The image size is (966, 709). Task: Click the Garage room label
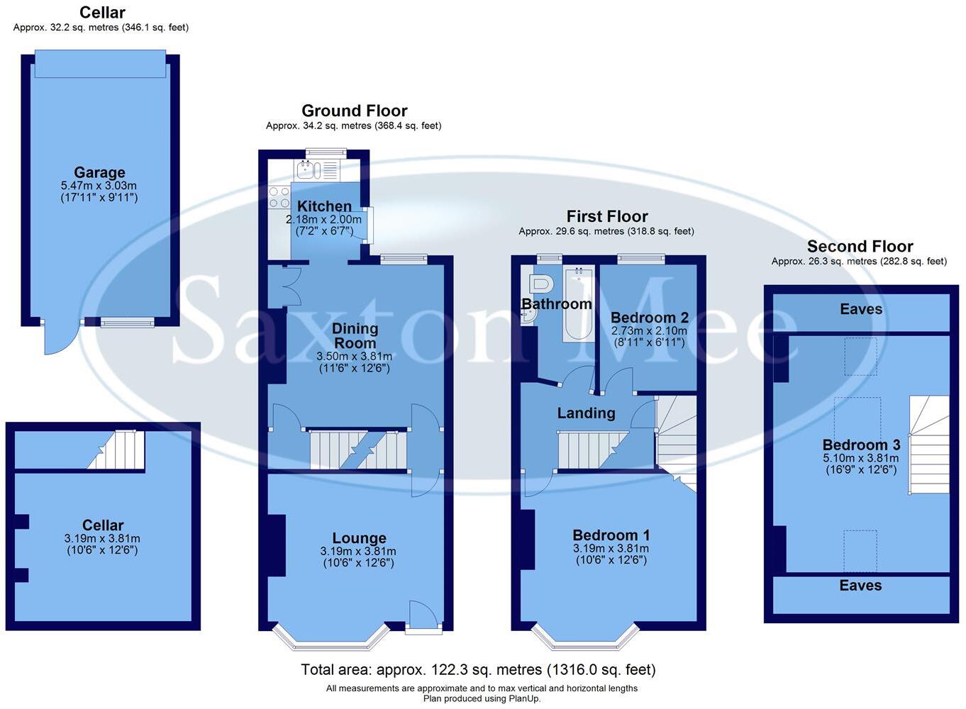coord(99,172)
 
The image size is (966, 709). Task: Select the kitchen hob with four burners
coord(279,198)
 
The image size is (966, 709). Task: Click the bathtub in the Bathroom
coord(579,303)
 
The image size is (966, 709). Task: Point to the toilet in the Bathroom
coord(540,284)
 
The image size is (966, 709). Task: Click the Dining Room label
coord(355,335)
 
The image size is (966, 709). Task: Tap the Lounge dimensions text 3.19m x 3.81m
coord(358,551)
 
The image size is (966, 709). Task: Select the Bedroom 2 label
coord(650,317)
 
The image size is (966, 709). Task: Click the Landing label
coord(586,413)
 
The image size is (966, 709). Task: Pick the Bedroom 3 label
coord(861,445)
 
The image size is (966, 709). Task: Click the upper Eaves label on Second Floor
coord(861,309)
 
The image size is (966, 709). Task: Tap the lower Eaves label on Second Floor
coord(860,586)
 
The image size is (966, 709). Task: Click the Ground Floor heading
coord(354,111)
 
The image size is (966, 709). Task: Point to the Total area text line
coord(478,669)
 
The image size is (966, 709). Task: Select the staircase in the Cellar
coord(117,450)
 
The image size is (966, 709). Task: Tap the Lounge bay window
coord(331,637)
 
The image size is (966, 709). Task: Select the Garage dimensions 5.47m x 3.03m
coord(99,186)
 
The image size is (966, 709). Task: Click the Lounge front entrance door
coord(423,615)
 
